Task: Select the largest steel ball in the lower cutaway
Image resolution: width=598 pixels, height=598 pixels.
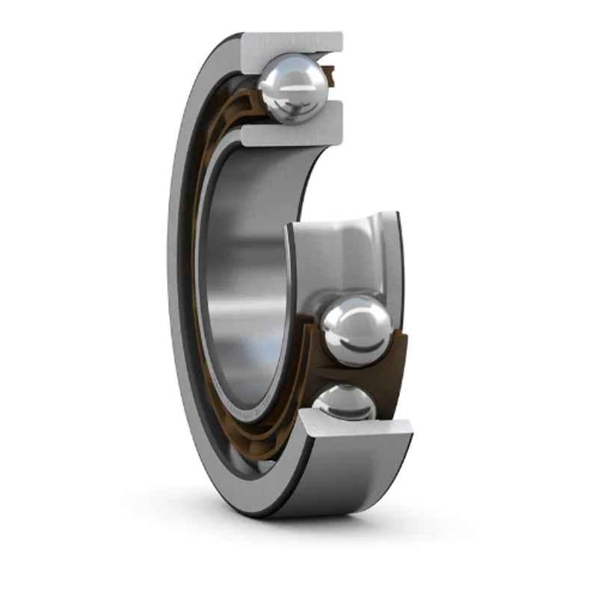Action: pyautogui.click(x=356, y=330)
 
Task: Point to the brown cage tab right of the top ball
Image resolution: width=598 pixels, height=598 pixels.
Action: pyautogui.click(x=330, y=75)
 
